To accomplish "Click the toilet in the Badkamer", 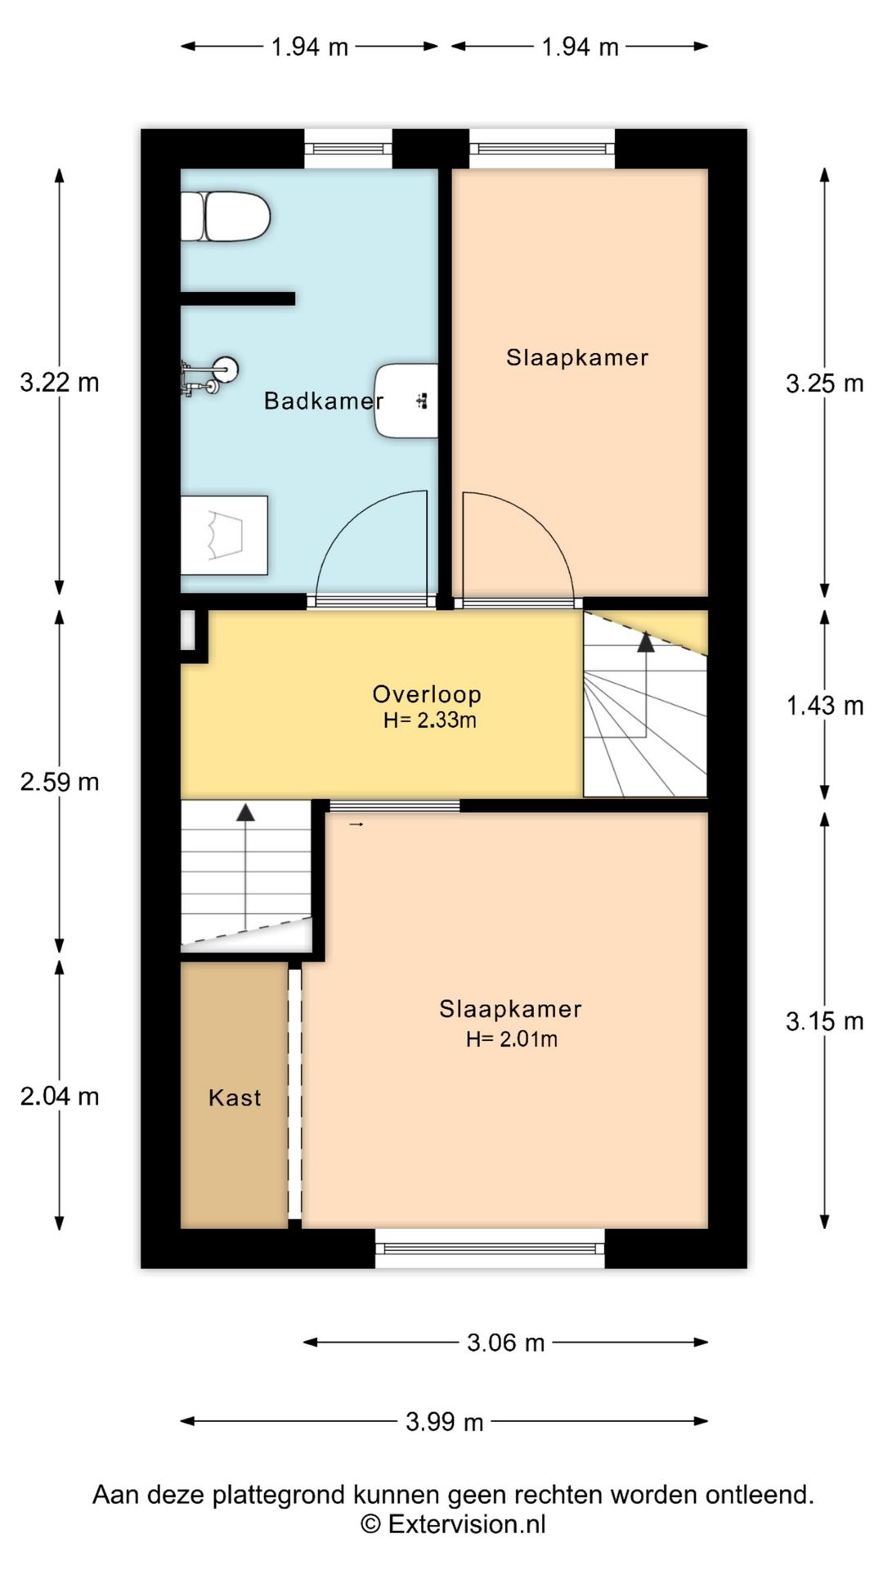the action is point(225,217).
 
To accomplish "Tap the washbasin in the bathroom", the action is point(406,401).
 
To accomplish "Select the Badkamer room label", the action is point(324,401).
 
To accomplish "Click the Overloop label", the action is point(427,694).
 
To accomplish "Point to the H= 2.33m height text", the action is point(430,720).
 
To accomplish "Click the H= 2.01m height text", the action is point(512,1039).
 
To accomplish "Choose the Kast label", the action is point(235,1097).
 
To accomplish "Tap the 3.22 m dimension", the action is point(60,382).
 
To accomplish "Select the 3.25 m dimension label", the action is point(825,383).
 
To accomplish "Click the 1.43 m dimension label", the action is point(825,705).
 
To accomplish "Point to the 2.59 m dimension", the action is point(60,782).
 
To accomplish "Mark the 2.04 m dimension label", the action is point(60,1096).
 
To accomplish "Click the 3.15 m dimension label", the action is point(825,1020).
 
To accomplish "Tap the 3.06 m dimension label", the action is point(505,1343).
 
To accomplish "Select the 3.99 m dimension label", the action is point(444,1422).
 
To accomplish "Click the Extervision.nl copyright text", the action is point(454,1524).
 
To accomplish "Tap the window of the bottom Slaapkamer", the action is point(491,1249).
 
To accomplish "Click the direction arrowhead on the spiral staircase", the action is point(646,642).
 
